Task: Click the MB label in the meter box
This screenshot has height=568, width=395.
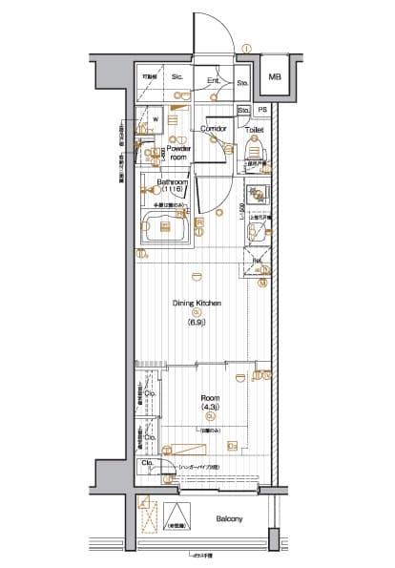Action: [275, 77]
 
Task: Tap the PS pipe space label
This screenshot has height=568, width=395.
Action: [262, 111]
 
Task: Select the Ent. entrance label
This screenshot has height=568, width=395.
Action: [213, 80]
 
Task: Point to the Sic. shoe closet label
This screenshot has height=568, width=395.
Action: [177, 76]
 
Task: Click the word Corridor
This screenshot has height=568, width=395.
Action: [212, 128]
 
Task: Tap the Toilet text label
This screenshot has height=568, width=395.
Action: [254, 128]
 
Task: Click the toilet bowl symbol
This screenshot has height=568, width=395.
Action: [255, 150]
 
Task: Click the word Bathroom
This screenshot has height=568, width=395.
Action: [173, 182]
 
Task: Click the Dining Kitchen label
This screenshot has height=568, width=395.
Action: [197, 304]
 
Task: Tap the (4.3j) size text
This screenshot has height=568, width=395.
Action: [210, 409]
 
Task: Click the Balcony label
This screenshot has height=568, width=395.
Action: [228, 519]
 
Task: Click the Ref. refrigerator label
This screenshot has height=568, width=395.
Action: [257, 260]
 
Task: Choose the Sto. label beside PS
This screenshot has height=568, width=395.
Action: [244, 111]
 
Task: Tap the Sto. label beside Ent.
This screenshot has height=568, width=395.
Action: [241, 82]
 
